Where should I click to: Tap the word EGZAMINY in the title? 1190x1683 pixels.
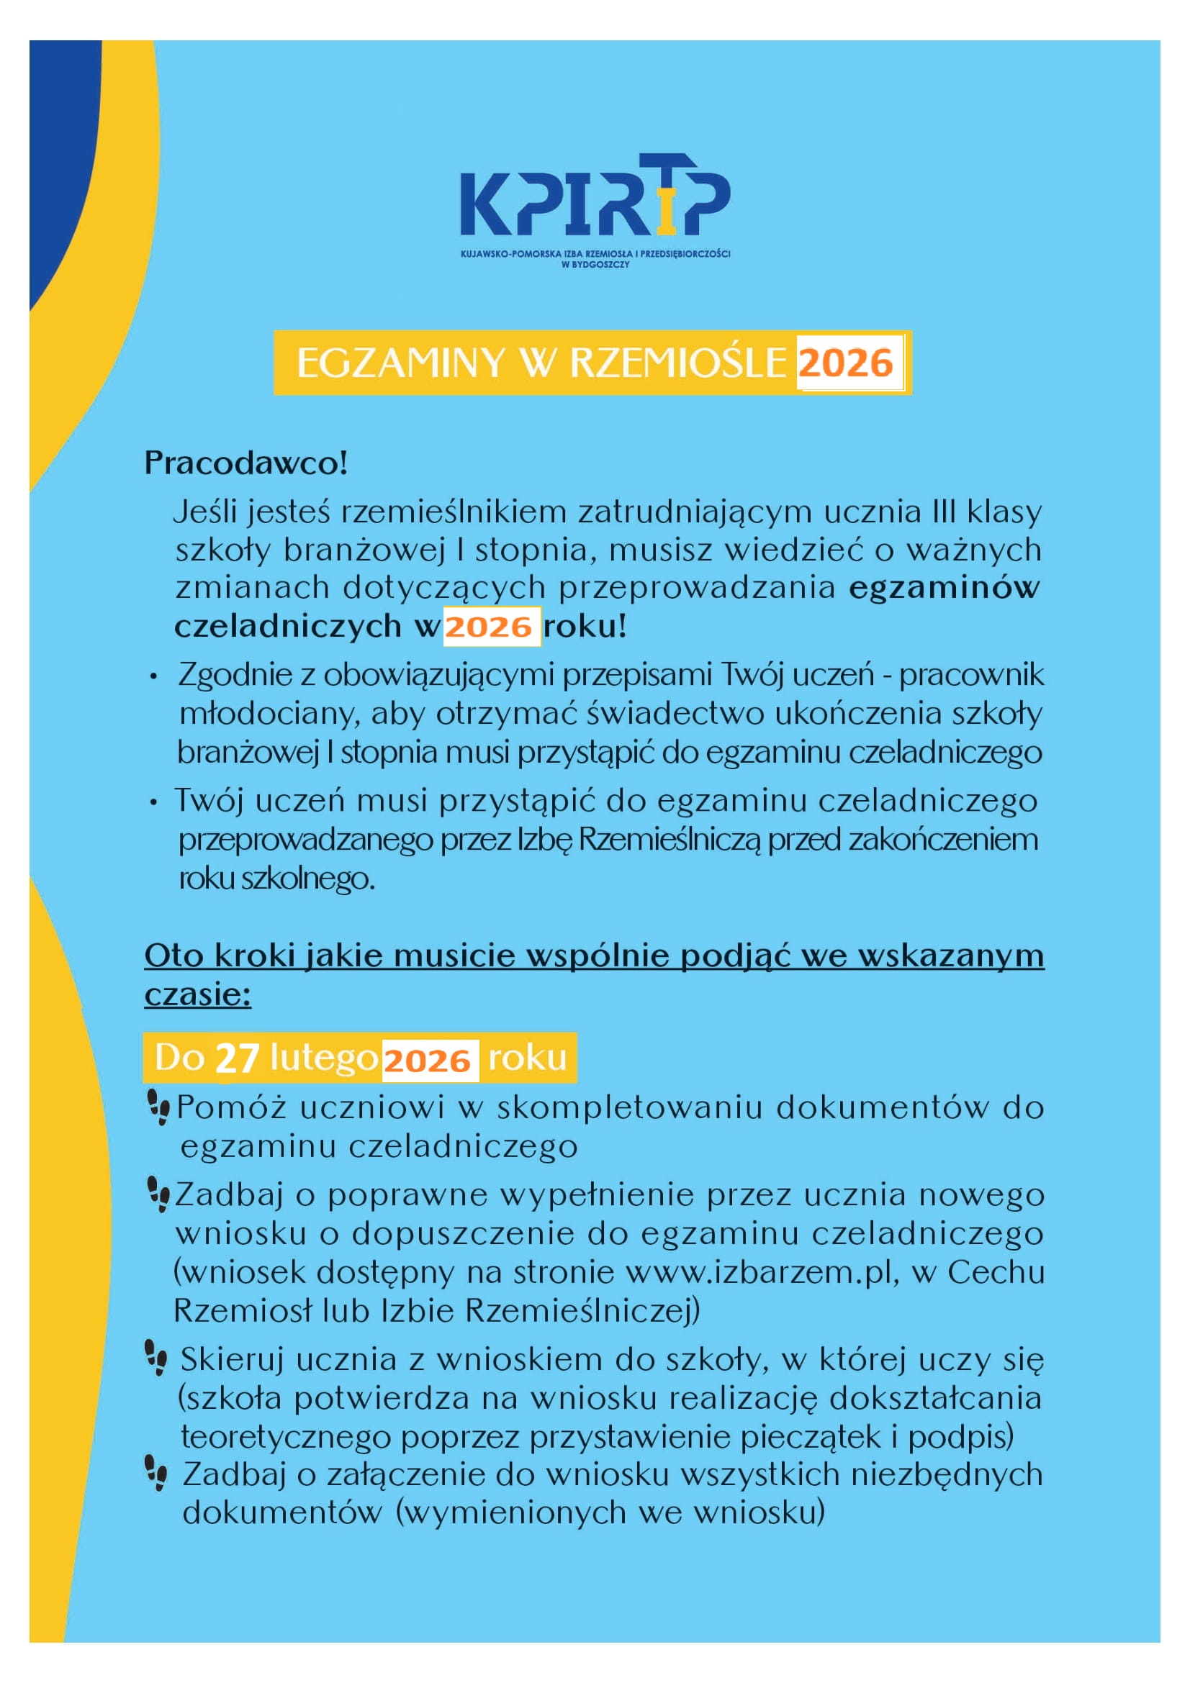pos(400,363)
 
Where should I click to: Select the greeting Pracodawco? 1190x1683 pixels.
pos(245,463)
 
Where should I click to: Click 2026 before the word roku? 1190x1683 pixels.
pos(488,627)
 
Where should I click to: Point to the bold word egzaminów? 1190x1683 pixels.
pos(944,588)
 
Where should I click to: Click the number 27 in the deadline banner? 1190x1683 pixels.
pos(237,1058)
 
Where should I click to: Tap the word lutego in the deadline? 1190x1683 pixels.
pos(323,1058)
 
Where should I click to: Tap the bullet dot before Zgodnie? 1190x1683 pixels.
pos(153,676)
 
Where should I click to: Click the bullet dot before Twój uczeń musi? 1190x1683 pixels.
pos(153,803)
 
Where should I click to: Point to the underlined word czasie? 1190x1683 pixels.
pos(197,995)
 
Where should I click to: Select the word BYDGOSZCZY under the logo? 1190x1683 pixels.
pos(595,265)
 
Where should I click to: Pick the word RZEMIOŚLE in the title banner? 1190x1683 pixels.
pos(677,363)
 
